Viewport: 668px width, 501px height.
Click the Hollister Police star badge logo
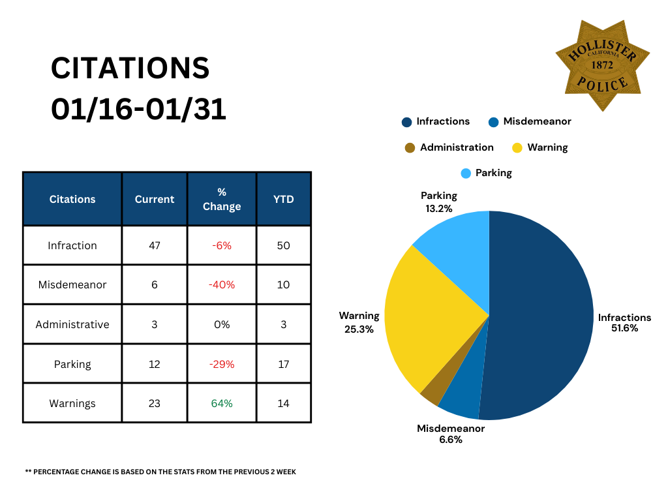point(602,65)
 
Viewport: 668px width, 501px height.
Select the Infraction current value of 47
point(155,245)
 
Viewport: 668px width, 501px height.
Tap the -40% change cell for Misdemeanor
point(222,284)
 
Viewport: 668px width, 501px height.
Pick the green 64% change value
point(222,403)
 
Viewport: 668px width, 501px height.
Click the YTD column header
point(283,199)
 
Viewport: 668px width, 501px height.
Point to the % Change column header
point(222,199)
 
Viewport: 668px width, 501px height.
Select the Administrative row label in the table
point(72,324)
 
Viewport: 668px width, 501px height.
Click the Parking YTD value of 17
point(283,363)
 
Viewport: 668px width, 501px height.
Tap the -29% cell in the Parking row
point(222,363)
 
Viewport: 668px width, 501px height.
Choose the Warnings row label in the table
point(72,403)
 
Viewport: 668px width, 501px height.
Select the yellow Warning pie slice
point(424,320)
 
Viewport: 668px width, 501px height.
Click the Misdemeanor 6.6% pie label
point(451,434)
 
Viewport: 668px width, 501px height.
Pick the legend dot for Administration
point(410,147)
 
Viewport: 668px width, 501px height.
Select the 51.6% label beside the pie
point(624,328)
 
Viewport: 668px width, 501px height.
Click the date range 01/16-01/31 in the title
point(139,109)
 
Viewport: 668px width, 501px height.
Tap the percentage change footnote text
point(160,472)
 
